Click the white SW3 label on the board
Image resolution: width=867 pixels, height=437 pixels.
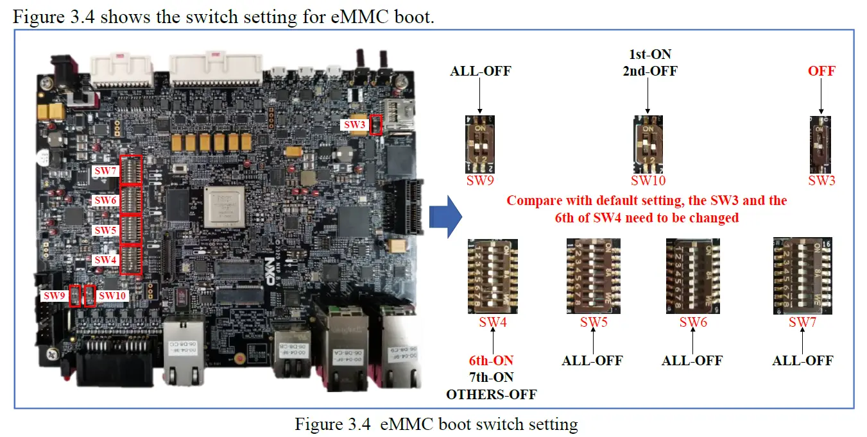tap(355, 125)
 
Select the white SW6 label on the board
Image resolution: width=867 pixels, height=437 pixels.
tap(106, 201)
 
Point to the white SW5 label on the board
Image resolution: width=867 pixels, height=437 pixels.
tap(106, 230)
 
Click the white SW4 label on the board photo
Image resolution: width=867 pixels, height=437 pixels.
tap(106, 260)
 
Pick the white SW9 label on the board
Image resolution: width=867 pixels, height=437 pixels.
tap(55, 296)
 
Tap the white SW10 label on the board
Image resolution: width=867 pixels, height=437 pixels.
tap(113, 296)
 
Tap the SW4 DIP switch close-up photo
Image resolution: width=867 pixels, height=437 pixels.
tap(493, 276)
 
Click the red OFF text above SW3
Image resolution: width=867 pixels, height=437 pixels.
tap(821, 71)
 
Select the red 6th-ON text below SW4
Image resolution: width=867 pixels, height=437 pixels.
tap(492, 361)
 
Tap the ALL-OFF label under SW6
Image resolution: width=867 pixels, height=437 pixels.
tap(692, 361)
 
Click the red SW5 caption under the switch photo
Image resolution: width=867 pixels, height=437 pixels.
tap(594, 322)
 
